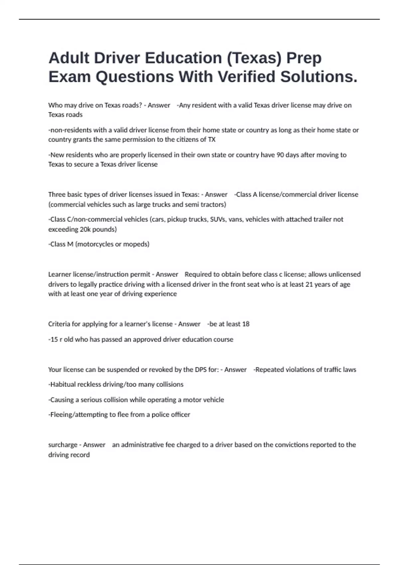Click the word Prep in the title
point(304,58)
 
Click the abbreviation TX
point(211,140)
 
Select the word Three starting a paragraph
point(57,194)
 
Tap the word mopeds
point(136,244)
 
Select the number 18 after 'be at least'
point(246,324)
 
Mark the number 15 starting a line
point(54,340)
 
